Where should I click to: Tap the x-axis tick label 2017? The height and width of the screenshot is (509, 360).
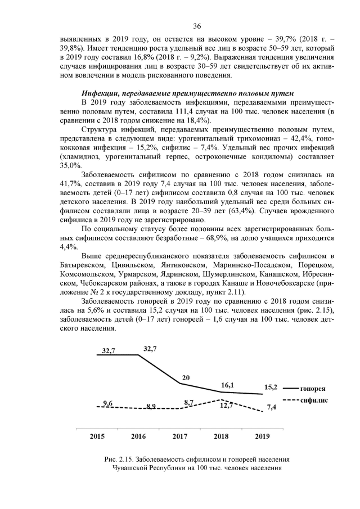(x=179, y=436)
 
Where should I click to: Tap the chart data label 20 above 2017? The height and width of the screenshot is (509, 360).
(x=186, y=377)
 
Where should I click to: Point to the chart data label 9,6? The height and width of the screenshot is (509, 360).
(x=109, y=403)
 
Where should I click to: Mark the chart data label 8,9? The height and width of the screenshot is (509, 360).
(x=150, y=406)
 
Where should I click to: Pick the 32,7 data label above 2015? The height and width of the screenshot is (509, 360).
(x=109, y=350)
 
